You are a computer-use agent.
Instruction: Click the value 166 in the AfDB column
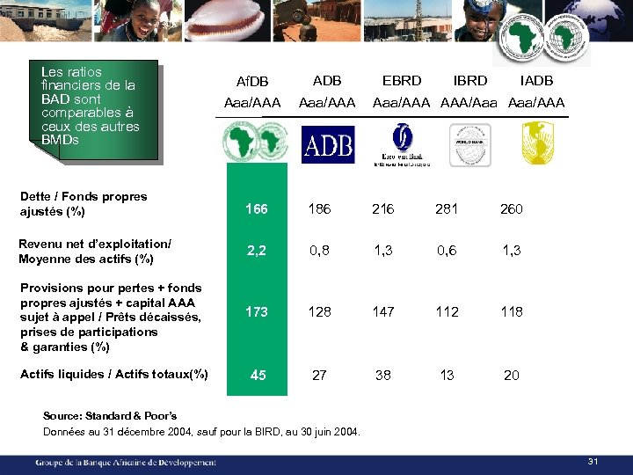[257, 209]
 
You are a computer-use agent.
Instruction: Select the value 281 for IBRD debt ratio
[447, 209]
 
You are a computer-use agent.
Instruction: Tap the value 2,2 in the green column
[257, 251]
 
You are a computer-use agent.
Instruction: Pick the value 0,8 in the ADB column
[319, 251]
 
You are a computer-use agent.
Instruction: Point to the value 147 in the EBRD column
[383, 311]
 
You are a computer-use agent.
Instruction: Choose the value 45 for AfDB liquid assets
[258, 375]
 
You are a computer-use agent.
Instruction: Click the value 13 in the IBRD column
[447, 375]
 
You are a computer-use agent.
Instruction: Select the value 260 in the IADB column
[511, 209]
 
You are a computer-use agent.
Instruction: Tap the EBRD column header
[402, 80]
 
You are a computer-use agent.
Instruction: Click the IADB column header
[536, 80]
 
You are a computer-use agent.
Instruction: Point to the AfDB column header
[252, 82]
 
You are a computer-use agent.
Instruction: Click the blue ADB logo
[327, 145]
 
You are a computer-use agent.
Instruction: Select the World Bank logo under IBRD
[469, 145]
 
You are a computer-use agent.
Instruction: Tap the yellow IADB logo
[537, 143]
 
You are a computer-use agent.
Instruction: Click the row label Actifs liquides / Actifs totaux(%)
[113, 374]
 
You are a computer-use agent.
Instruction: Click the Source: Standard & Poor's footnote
[110, 415]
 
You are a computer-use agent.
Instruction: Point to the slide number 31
[593, 463]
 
